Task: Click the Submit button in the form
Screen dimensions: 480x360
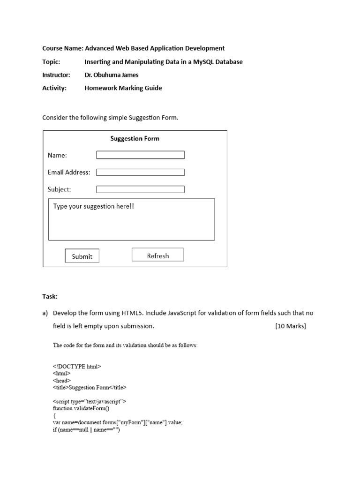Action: point(82,256)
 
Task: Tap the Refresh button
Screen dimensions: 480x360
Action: point(157,255)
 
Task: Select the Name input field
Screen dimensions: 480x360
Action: point(140,155)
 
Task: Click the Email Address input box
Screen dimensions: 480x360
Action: point(140,172)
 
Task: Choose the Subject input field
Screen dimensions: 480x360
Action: point(140,189)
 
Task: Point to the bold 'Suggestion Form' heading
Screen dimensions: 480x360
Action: point(135,138)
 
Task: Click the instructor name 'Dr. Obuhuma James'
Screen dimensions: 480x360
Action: point(111,75)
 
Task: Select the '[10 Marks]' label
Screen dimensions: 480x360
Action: point(290,326)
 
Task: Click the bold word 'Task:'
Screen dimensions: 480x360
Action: point(50,296)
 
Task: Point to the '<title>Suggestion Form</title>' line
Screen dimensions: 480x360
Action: point(90,388)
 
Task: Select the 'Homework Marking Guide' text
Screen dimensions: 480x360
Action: point(123,88)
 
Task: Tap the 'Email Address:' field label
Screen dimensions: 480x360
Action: point(69,172)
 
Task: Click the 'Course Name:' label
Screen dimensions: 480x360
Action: point(63,48)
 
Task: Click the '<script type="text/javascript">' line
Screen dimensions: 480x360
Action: point(90,401)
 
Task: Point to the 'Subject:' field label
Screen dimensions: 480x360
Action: point(59,189)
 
